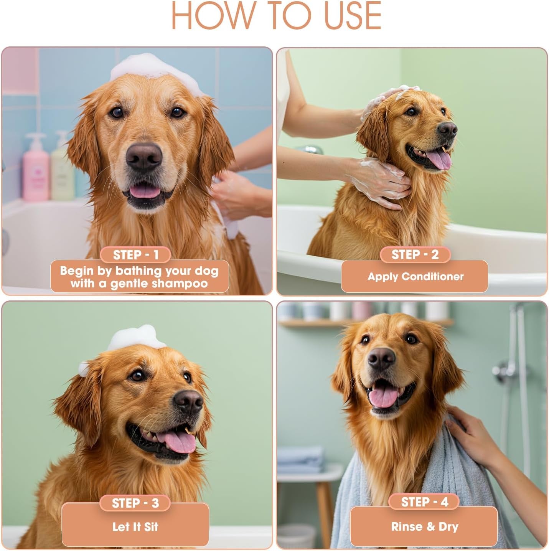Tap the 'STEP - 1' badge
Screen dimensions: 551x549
click(x=135, y=255)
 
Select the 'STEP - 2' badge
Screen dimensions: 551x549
click(x=415, y=254)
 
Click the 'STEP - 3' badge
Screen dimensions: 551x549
click(x=135, y=503)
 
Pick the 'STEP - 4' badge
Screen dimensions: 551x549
click(x=424, y=502)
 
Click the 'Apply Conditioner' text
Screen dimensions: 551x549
click(x=415, y=277)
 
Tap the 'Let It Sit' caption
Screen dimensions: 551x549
click(x=135, y=527)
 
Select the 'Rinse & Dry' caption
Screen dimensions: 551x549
click(x=424, y=527)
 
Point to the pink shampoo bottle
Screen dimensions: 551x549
click(x=35, y=169)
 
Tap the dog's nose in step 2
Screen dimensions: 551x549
click(x=447, y=130)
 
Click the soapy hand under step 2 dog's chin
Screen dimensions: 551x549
click(x=378, y=182)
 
